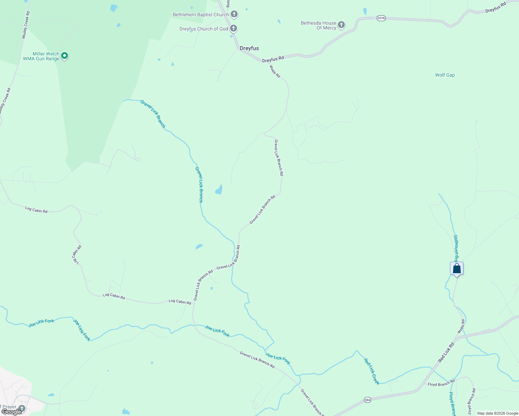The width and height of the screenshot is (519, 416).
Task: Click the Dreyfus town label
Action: click(x=249, y=48)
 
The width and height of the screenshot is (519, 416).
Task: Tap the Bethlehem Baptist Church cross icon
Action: click(x=234, y=14)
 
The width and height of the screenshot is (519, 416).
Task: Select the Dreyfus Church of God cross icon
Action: click(x=233, y=28)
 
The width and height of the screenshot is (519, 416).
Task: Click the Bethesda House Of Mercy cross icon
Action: click(x=341, y=25)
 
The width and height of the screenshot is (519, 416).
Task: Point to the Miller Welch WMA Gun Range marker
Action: click(x=64, y=55)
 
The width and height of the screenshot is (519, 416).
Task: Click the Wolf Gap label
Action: click(x=445, y=75)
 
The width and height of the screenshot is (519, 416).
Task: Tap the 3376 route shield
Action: click(x=381, y=18)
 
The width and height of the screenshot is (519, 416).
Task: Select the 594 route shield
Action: click(x=367, y=400)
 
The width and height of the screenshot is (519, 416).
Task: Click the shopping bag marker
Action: click(x=457, y=269)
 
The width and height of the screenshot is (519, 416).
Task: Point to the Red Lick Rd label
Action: click(x=446, y=353)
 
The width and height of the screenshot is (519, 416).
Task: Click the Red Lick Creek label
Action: click(x=372, y=371)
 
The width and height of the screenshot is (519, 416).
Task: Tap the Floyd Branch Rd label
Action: click(x=441, y=383)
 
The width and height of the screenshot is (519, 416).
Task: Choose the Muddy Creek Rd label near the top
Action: click(x=26, y=25)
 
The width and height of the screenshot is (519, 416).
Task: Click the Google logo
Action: click(x=11, y=411)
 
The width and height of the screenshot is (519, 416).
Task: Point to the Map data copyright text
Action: click(x=497, y=413)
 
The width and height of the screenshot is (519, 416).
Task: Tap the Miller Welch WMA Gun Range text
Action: click(x=41, y=56)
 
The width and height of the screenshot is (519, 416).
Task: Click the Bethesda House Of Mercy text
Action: click(x=318, y=25)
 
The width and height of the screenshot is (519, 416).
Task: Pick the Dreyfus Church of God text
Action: click(x=204, y=29)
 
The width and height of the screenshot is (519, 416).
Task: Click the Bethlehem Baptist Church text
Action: click(x=201, y=15)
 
